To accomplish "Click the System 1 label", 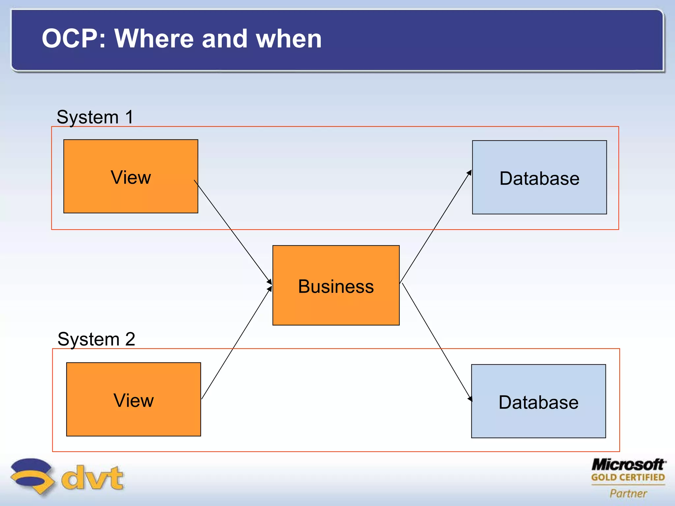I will click(95, 117).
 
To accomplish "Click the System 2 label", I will click(96, 339).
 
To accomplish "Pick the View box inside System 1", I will click(131, 176).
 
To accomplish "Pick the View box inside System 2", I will click(133, 399).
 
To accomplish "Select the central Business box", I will click(336, 285).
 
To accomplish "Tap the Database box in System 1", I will click(539, 177).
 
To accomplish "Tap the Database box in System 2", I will click(538, 401).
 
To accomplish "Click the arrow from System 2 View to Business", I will click(236, 344).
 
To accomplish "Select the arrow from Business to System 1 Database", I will click(435, 227).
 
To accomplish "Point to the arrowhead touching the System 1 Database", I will click(469, 173).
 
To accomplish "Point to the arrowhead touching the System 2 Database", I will click(470, 398).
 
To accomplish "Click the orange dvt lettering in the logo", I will click(92, 478).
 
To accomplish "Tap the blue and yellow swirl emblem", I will click(31, 476).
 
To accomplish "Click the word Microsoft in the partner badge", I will click(628, 465).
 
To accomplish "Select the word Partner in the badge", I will click(628, 493).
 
